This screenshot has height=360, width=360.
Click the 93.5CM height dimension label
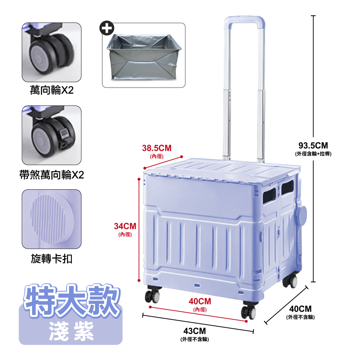point(313,145)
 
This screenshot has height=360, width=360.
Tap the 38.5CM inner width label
point(157,148)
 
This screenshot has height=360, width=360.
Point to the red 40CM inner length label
point(200,301)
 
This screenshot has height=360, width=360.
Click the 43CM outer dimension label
point(195,331)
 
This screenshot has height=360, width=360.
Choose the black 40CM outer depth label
point(300,309)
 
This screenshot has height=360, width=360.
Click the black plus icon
point(107,28)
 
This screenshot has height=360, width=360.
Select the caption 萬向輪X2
point(51,90)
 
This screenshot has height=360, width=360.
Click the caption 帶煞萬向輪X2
point(51,175)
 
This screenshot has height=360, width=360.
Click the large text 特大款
point(71,298)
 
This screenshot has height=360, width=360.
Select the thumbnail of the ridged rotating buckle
point(51,219)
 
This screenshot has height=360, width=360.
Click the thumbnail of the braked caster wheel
point(51,135)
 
